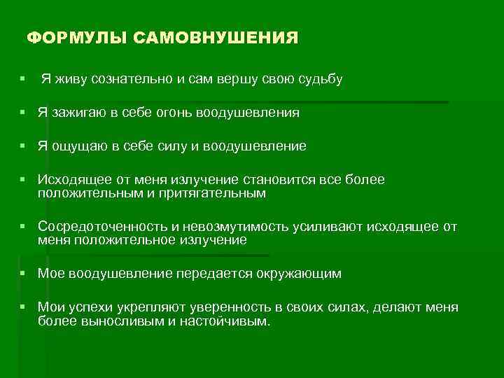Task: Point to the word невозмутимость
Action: click(230, 227)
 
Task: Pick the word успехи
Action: click(94, 308)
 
